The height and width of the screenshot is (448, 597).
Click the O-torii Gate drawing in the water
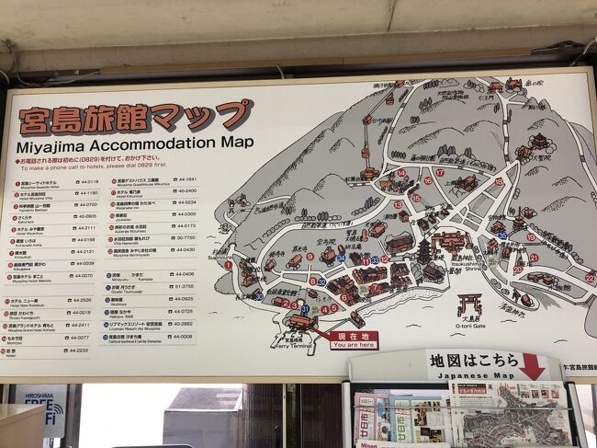coord(469,304)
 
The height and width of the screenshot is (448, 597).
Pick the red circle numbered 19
coord(530,236)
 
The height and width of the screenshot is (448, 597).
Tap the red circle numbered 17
coord(440,172)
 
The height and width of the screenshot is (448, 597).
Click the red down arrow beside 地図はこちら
coord(531,364)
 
